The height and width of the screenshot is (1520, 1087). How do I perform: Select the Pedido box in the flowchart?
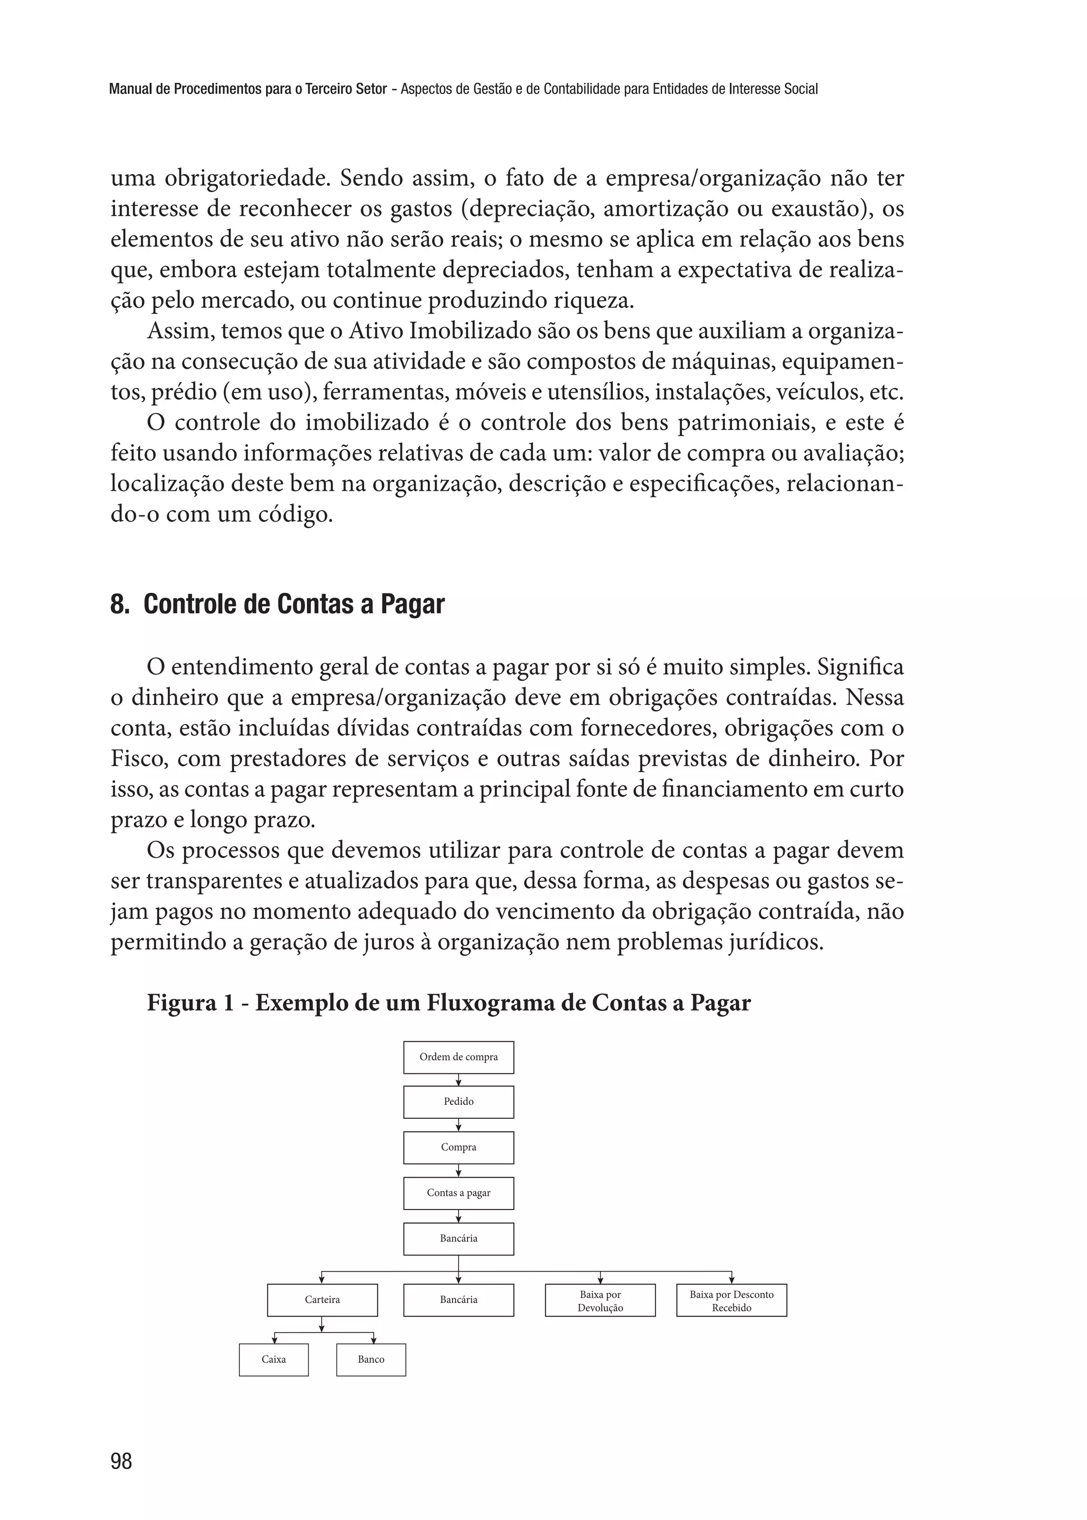459,1102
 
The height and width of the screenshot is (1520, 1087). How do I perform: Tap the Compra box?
459,1147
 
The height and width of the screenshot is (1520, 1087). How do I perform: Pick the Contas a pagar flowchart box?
459,1193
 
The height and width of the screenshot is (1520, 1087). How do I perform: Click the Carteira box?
322,1300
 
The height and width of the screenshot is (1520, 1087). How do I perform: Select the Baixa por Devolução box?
600,1300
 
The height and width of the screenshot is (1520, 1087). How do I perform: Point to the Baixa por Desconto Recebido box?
731,1300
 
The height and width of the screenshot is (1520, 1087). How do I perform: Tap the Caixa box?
274,1359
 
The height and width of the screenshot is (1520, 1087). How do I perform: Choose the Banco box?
371,1359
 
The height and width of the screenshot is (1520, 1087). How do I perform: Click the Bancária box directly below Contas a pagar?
459,1238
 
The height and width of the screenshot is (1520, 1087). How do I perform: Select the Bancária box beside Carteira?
459,1300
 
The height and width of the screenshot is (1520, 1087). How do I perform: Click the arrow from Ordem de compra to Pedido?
459,1079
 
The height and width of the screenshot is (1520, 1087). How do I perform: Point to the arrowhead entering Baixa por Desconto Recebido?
731,1281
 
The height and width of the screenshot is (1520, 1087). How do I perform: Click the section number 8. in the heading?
119,604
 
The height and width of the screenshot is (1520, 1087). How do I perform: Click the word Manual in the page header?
129,89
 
